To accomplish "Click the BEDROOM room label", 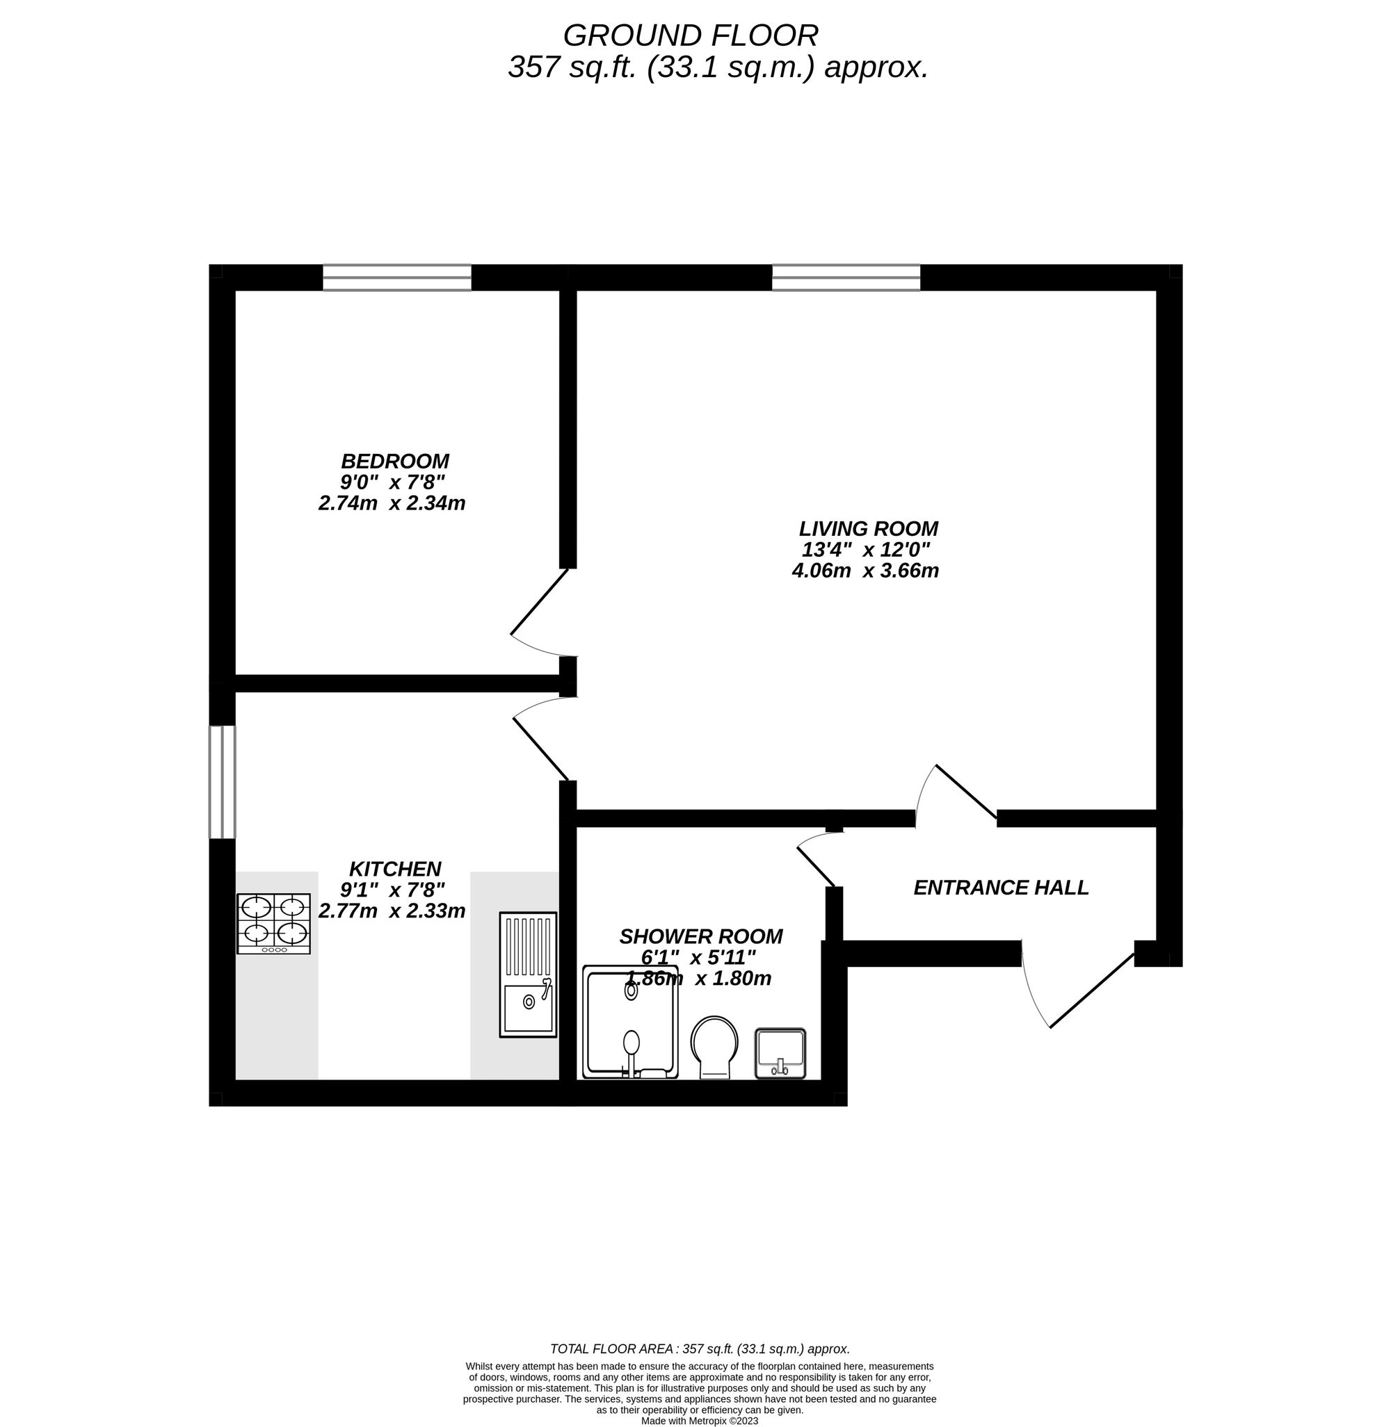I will (x=394, y=462).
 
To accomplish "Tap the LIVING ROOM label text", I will (x=868, y=529).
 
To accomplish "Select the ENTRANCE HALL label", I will (x=1001, y=888).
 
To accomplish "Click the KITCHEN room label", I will (x=394, y=869).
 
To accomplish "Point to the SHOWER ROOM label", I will (x=700, y=936).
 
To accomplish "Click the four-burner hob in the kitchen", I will (x=274, y=923).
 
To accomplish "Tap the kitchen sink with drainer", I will (x=527, y=975).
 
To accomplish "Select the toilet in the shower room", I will (x=714, y=1046).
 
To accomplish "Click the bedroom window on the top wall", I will (x=396, y=277).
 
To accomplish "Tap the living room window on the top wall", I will (x=846, y=277).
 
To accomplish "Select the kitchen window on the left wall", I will (x=222, y=782).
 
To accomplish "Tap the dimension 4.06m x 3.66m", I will (x=865, y=571).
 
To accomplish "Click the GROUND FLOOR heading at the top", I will (x=691, y=35).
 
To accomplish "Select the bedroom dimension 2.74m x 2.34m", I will (x=392, y=503).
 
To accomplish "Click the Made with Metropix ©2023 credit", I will (x=699, y=1421).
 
